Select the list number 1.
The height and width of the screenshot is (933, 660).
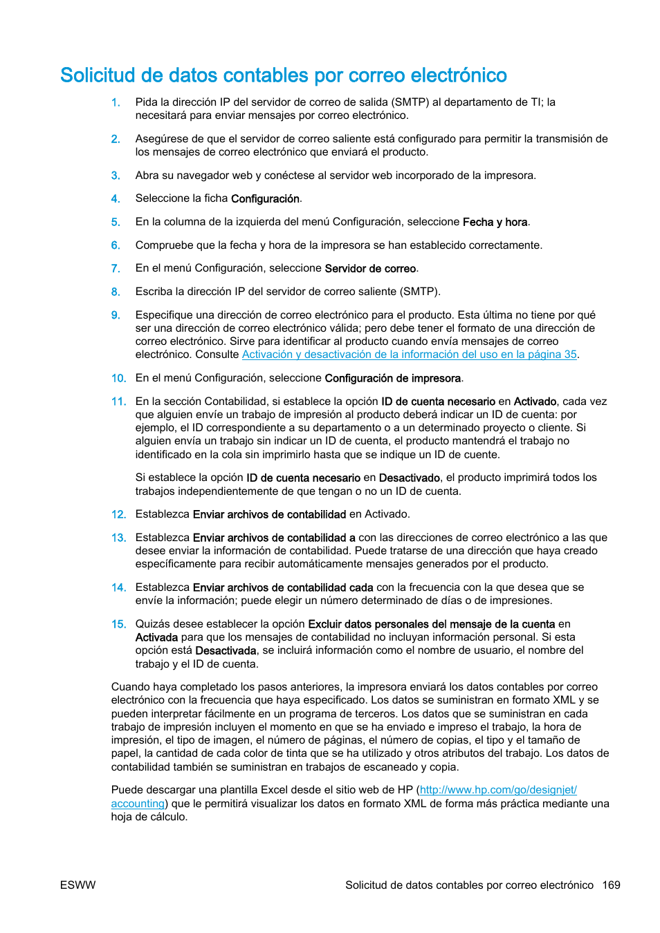pos(116,102)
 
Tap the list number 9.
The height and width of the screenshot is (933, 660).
pos(116,315)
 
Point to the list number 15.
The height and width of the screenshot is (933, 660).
pos(118,624)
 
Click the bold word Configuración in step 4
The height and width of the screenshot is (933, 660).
pos(265,199)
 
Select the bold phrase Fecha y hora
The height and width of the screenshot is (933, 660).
pos(495,223)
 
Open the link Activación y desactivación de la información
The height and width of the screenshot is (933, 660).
pos(409,355)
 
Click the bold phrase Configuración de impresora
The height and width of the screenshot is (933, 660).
pos(392,379)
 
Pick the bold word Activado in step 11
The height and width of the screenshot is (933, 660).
pos(535,402)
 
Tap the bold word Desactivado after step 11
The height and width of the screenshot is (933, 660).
pos(410,478)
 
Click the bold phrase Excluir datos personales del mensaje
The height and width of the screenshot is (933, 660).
pos(431,624)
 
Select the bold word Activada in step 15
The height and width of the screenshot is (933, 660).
pos(156,637)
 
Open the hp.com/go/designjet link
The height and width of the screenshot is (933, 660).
pos(497,790)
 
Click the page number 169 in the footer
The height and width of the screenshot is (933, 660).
pos(611,885)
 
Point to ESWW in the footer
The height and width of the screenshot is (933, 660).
pos(78,885)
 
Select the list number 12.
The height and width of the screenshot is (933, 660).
pos(118,515)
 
